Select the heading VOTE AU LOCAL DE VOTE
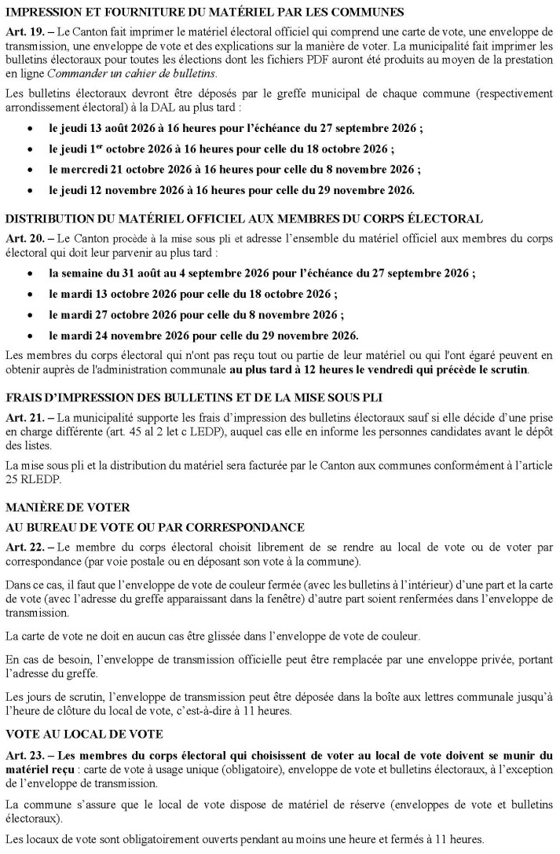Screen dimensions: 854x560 tap(84, 735)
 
